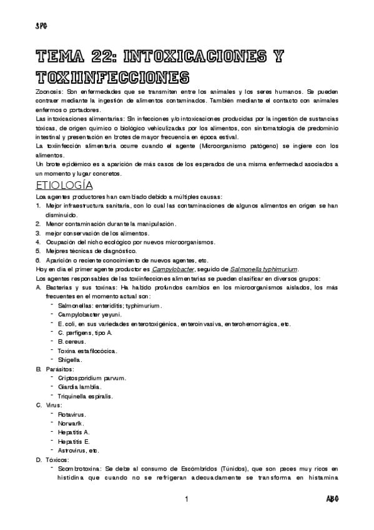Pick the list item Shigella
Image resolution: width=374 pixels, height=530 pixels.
click(70, 360)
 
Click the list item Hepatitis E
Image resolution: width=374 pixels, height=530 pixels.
click(74, 441)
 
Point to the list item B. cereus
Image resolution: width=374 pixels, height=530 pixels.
click(72, 342)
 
